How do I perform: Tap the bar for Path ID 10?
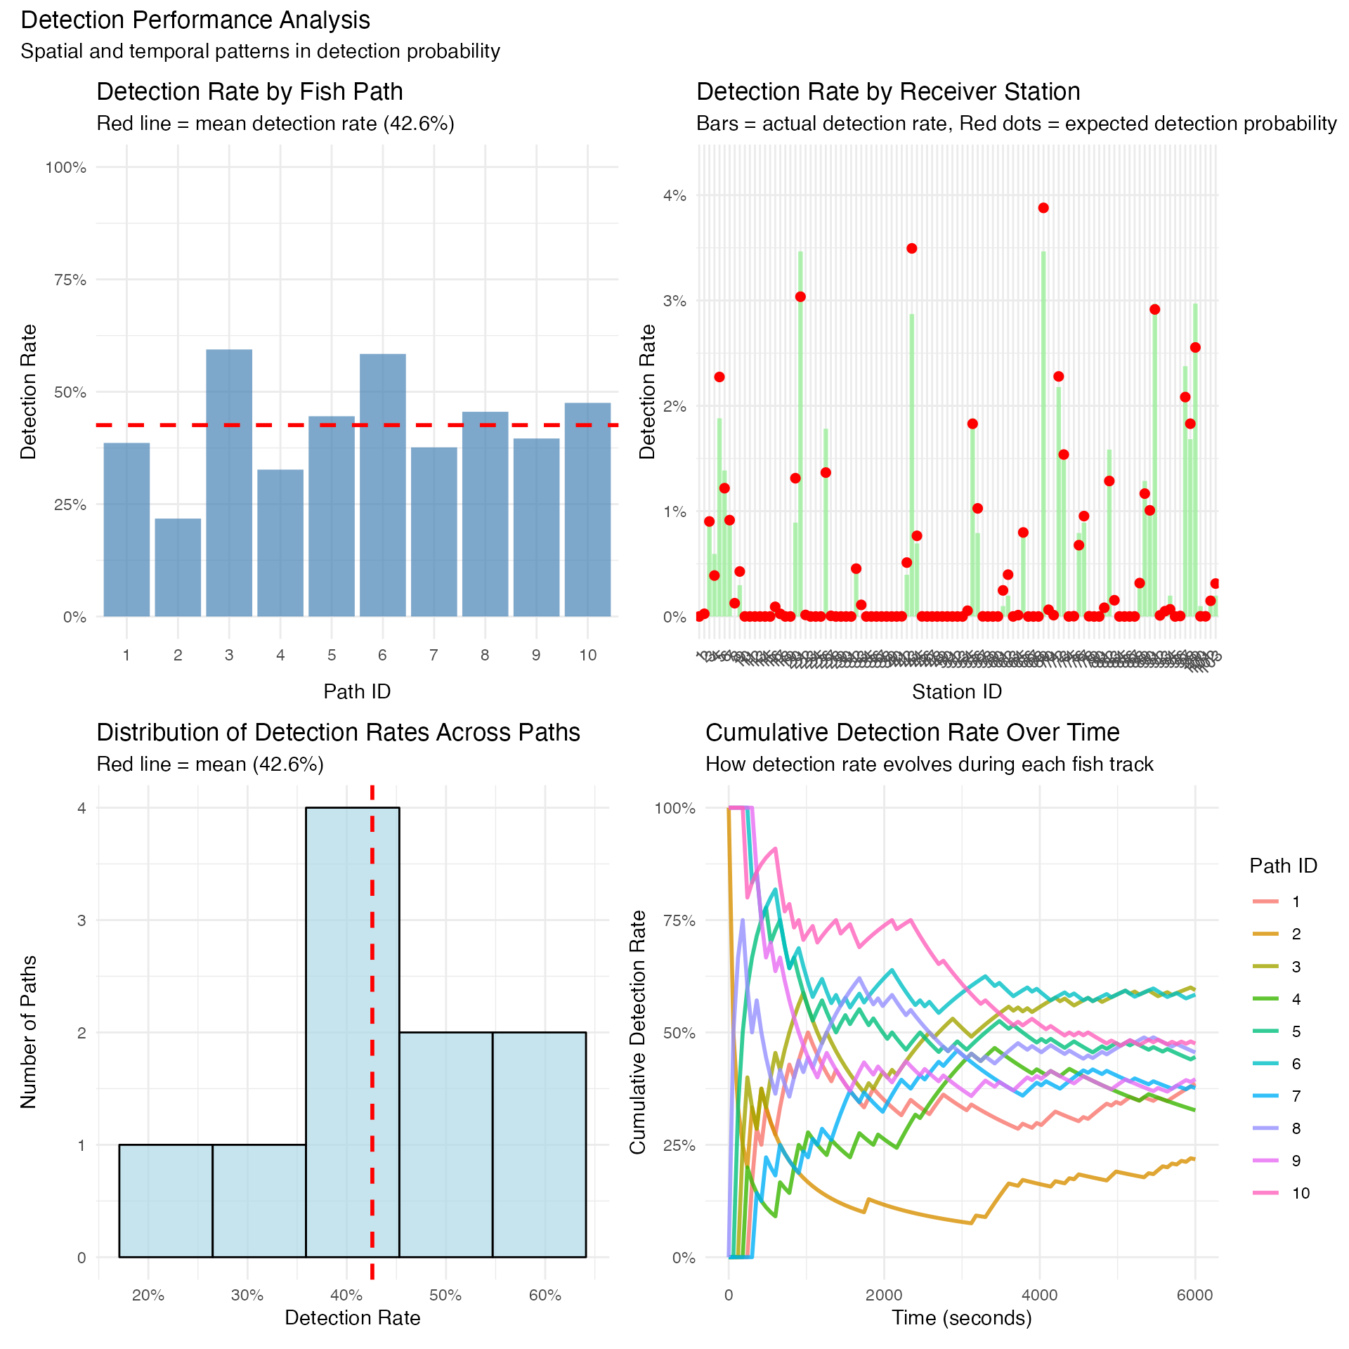[x=587, y=509]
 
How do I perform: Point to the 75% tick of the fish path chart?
[x=70, y=280]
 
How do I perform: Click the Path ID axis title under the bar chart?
[x=357, y=691]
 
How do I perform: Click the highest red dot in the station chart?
[x=1043, y=208]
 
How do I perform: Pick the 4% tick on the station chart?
[x=674, y=196]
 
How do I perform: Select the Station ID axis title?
[x=957, y=691]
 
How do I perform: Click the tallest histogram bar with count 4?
[x=353, y=1033]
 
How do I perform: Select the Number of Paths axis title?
[x=29, y=1032]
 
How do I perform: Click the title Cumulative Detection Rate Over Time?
[x=912, y=732]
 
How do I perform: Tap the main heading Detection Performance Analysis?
[x=195, y=20]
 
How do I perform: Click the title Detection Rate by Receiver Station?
[x=888, y=91]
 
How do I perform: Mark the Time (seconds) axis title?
[x=962, y=1317]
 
